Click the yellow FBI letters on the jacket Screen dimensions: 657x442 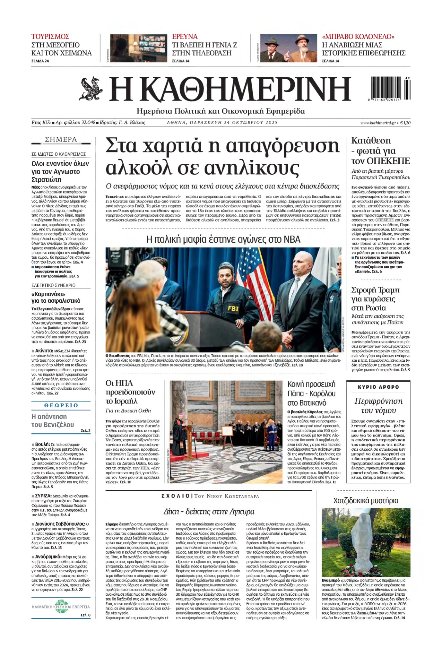pos(233,308)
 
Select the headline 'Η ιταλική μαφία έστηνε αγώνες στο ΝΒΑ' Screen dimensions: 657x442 pos(223,239)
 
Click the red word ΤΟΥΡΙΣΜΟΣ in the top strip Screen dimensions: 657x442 pos(50,37)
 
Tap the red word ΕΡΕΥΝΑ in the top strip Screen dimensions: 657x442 pos(185,37)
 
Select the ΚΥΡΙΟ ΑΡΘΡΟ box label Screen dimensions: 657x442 pos(378,387)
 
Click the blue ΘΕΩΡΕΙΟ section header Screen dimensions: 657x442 pos(61,405)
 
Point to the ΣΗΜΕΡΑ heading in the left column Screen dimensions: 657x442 pos(61,139)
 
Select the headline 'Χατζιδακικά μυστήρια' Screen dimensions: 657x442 pos(366,501)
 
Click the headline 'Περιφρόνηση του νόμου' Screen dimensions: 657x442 pos(378,406)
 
